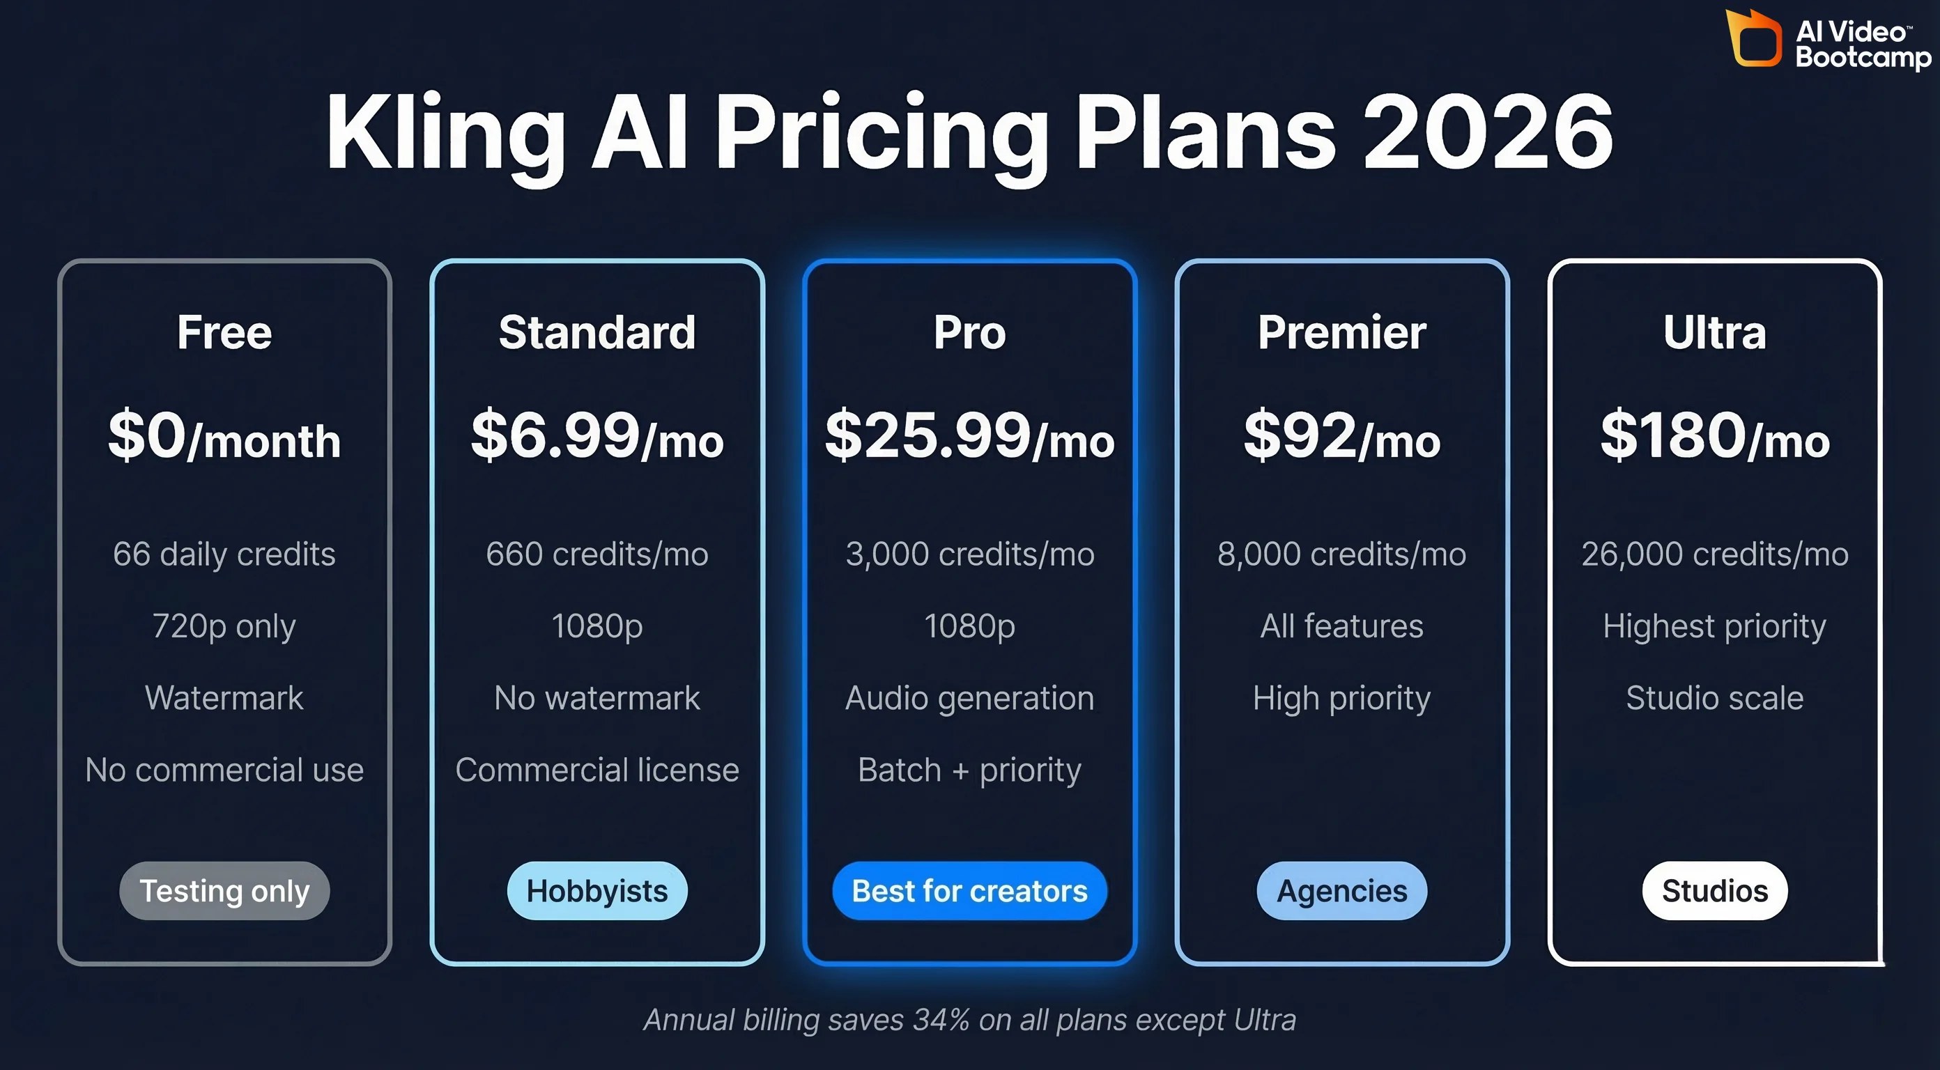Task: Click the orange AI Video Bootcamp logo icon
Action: tap(1754, 38)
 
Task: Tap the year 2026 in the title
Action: tap(1487, 132)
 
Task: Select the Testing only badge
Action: tap(224, 891)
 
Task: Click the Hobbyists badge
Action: tap(596, 891)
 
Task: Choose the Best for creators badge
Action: tap(969, 891)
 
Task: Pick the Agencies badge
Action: tap(1341, 891)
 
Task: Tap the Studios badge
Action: tap(1714, 891)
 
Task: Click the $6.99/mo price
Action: tap(596, 436)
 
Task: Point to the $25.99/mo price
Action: tap(969, 436)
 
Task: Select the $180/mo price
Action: tap(1714, 436)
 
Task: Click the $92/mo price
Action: tap(1341, 436)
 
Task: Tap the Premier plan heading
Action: tap(1341, 332)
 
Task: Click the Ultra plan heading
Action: tap(1714, 332)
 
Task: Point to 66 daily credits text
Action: tap(224, 555)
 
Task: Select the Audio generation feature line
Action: tap(969, 698)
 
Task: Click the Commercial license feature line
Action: tap(596, 770)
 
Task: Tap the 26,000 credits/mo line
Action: tap(1714, 555)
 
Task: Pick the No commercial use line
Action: tap(224, 770)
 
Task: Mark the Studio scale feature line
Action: tap(1714, 698)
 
